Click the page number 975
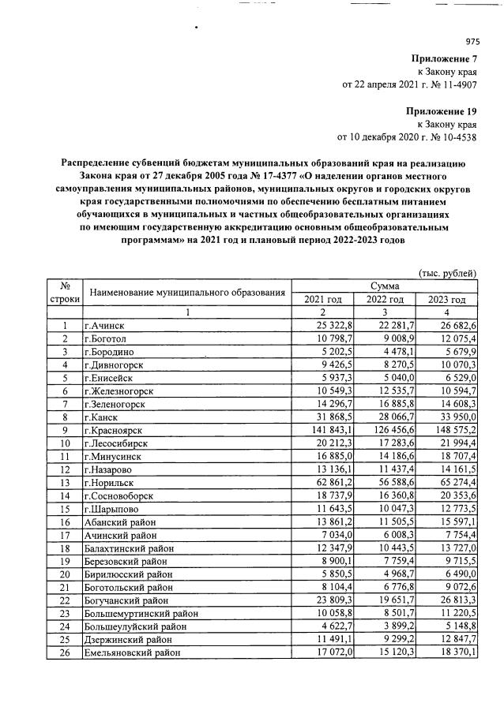pos(472,42)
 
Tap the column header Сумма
pos(384,286)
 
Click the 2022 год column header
pos(385,300)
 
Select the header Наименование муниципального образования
pos(186,293)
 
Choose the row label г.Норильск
pos(111,481)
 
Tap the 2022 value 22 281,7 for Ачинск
pos(386,326)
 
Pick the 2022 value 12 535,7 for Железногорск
pos(386,391)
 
